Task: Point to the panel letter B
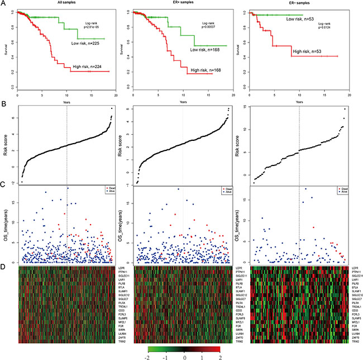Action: [4, 102]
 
